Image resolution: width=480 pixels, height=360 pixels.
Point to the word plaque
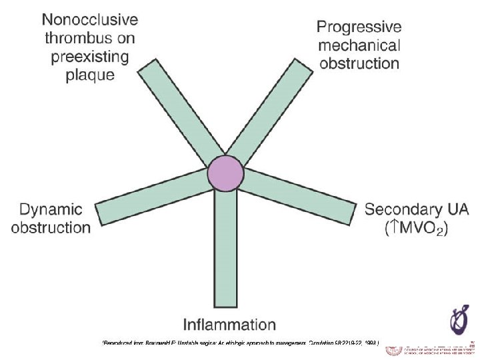click(x=90, y=75)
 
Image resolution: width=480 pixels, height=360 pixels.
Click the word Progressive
click(x=359, y=27)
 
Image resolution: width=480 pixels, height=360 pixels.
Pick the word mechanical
click(x=359, y=46)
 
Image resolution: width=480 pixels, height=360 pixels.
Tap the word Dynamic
click(x=51, y=209)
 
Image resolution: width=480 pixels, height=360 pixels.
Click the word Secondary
click(x=403, y=209)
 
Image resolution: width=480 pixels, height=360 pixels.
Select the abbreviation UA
click(x=457, y=209)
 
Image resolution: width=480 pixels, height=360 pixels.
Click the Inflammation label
click(x=229, y=325)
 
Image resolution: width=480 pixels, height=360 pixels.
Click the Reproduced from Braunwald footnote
click(x=240, y=344)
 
